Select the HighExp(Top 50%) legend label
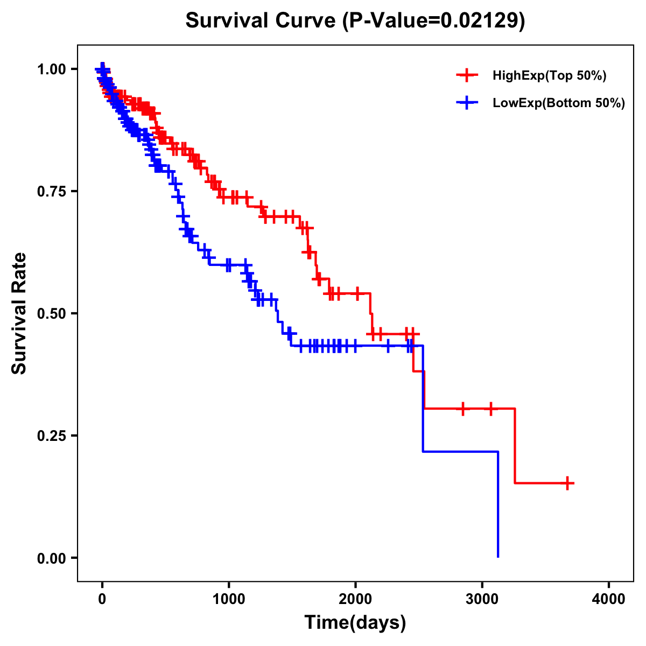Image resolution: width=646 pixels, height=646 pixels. pos(549,76)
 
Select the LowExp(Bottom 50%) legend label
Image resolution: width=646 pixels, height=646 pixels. pos(559,103)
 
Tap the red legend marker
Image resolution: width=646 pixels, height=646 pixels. pos(467,75)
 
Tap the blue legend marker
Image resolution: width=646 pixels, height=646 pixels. pos(467,103)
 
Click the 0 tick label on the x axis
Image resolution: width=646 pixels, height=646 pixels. pos(102,599)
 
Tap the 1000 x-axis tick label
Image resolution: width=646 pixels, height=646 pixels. pos(229,599)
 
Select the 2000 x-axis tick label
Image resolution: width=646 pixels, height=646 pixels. pos(355,599)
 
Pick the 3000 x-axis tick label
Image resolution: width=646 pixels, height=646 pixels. pos(482,599)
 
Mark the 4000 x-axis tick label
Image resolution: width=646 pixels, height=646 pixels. pos(609,599)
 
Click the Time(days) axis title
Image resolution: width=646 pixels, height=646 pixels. pos(355,623)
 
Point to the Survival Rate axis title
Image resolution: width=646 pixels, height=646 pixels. pos(20,313)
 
